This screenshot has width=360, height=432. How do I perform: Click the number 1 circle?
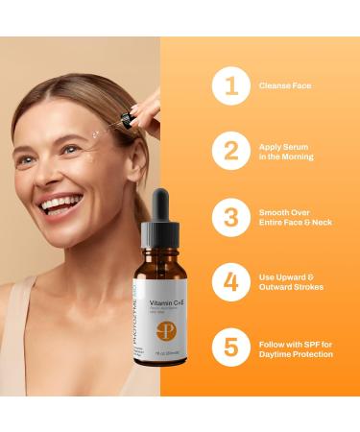tap(229, 86)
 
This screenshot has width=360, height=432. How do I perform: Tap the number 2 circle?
tap(229, 152)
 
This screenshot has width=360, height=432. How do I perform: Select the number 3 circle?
tap(229, 217)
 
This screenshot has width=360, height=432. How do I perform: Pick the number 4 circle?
tap(229, 282)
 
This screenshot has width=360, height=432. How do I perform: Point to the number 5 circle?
tap(229, 348)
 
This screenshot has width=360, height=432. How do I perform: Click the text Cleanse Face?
tap(285, 86)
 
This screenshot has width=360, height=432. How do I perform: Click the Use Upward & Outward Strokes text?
tap(293, 282)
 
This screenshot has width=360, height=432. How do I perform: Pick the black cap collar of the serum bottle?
tap(160, 237)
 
